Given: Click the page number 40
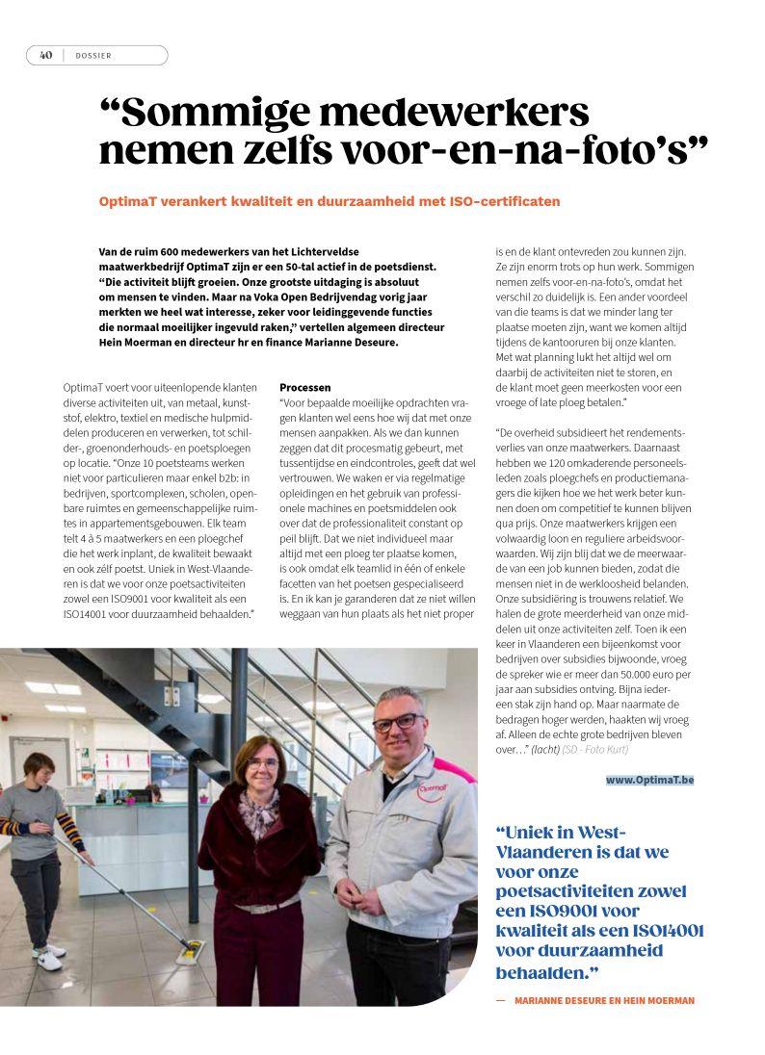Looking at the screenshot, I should pyautogui.click(x=45, y=55).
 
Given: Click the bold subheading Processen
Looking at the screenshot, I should pyautogui.click(x=305, y=386).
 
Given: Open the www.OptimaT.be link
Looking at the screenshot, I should pyautogui.click(x=649, y=780).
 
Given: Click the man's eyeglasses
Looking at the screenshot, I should pyautogui.click(x=395, y=721).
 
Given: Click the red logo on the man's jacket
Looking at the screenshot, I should pyautogui.click(x=432, y=790).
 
